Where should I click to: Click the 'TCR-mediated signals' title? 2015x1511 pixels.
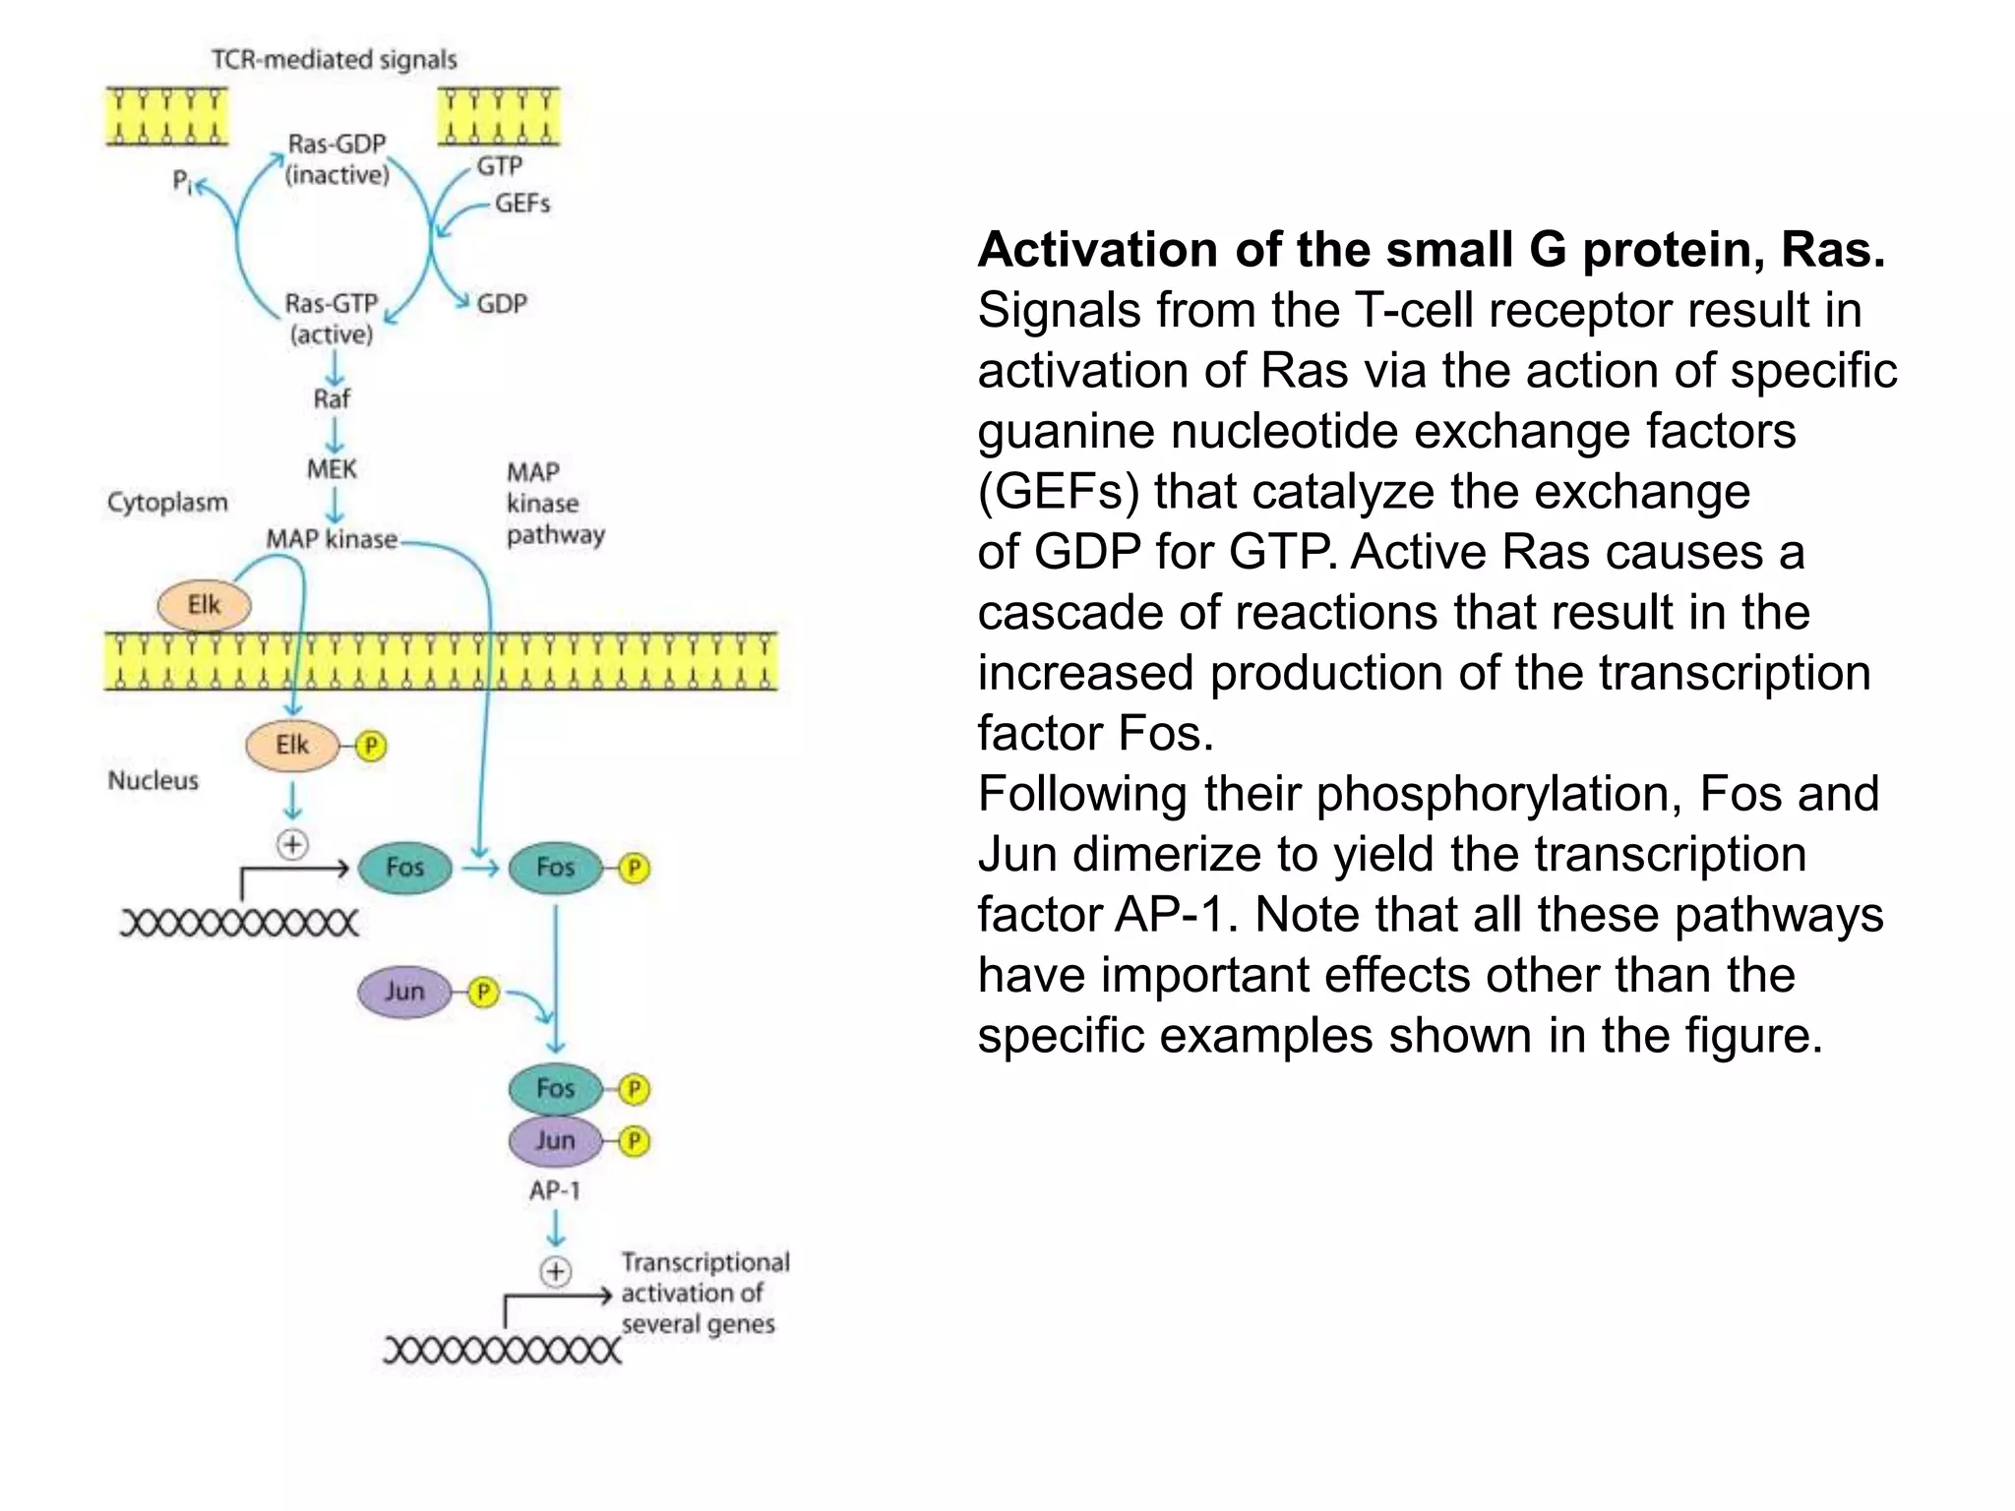tap(335, 60)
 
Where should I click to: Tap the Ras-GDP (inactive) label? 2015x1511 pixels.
tap(336, 159)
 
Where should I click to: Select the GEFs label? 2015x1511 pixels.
tap(521, 204)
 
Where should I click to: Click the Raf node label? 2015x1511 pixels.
tap(332, 399)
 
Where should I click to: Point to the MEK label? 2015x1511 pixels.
tap(332, 469)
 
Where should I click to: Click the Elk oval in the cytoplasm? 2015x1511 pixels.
tap(205, 605)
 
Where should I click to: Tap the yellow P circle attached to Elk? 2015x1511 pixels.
tap(371, 747)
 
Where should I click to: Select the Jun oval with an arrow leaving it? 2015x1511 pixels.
tap(404, 992)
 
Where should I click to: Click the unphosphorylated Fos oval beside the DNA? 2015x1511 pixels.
tap(404, 868)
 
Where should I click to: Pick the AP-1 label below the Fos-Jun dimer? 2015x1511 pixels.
tap(555, 1191)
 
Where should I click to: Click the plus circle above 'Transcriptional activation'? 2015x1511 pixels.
tap(556, 1272)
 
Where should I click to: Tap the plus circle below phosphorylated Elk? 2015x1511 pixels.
tap(292, 844)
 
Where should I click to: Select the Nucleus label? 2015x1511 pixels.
tap(153, 781)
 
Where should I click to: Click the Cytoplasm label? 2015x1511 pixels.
tap(167, 503)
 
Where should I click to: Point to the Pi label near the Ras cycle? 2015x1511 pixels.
tap(183, 181)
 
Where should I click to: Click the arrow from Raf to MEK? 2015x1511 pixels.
tap(335, 435)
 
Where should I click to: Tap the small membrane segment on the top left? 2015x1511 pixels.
tap(166, 117)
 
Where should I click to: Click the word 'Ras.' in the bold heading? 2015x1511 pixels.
tap(1833, 250)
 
